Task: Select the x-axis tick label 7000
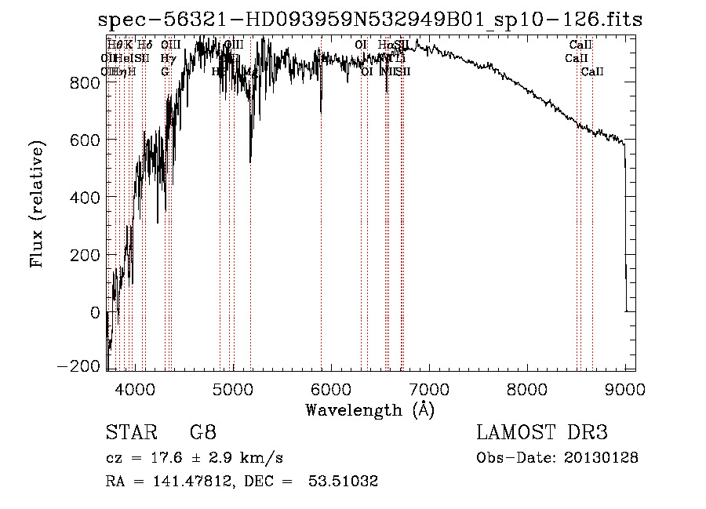[x=429, y=388]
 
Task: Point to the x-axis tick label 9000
[x=625, y=388]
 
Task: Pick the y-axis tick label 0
[x=95, y=313]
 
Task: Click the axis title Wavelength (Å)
[x=369, y=409]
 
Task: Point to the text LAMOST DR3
[x=542, y=433]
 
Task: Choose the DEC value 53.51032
[x=344, y=482]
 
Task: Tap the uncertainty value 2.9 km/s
[x=239, y=458]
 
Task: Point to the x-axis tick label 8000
[x=527, y=388]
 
